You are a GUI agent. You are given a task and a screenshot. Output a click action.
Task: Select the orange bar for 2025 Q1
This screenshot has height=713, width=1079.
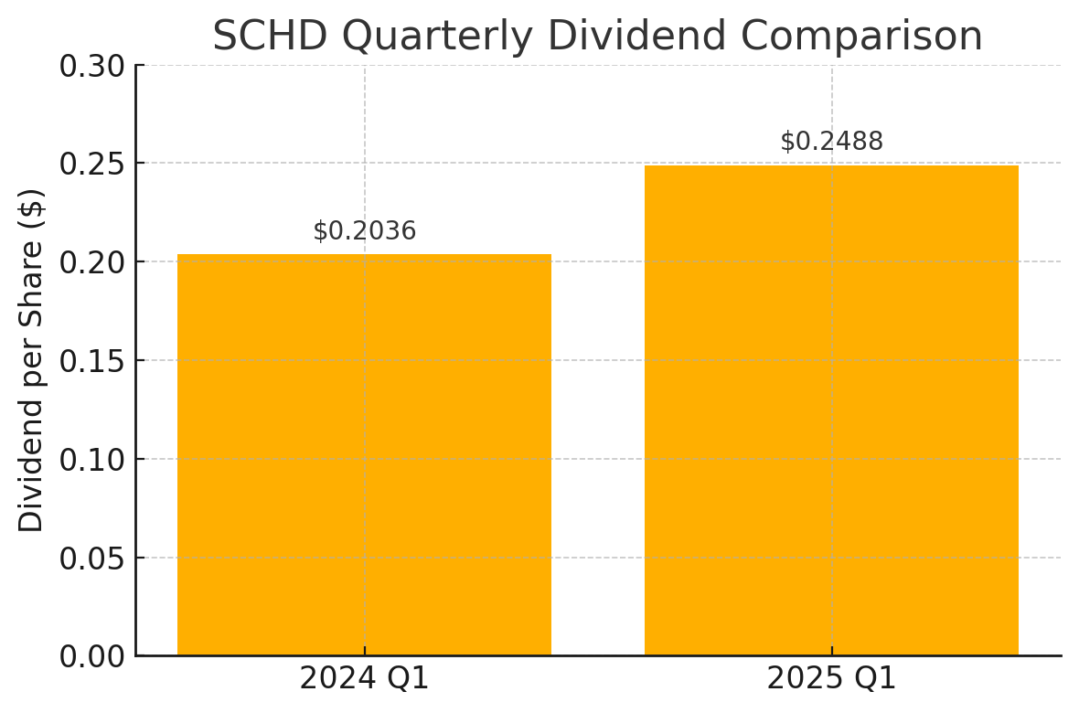click(x=831, y=410)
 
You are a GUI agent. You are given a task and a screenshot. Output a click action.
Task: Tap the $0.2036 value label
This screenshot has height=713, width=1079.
click(x=364, y=231)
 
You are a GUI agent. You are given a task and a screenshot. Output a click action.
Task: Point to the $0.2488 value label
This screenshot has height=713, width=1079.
click(x=831, y=142)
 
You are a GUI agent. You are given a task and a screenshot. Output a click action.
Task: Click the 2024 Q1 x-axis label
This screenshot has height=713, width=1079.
click(x=364, y=679)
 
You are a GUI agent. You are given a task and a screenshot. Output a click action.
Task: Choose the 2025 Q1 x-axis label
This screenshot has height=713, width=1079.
click(x=831, y=679)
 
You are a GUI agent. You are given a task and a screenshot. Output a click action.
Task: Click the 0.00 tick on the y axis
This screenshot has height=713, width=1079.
click(x=91, y=657)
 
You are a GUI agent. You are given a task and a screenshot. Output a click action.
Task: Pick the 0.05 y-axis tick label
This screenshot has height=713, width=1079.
click(x=91, y=559)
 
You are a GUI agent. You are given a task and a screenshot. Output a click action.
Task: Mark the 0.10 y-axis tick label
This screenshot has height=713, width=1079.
click(x=91, y=460)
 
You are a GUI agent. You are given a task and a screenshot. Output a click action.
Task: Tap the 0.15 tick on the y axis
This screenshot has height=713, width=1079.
click(x=91, y=361)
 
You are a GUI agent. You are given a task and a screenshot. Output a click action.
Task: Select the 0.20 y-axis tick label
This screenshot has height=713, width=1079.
click(x=91, y=262)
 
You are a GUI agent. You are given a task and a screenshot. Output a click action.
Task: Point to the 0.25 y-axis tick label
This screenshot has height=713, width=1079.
click(x=91, y=164)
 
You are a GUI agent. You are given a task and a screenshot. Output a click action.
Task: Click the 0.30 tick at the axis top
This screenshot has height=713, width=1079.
click(x=91, y=66)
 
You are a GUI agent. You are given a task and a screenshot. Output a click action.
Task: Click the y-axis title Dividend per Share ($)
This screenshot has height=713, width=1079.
click(x=32, y=361)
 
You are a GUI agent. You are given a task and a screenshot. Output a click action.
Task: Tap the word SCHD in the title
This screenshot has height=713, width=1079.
click(x=270, y=37)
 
